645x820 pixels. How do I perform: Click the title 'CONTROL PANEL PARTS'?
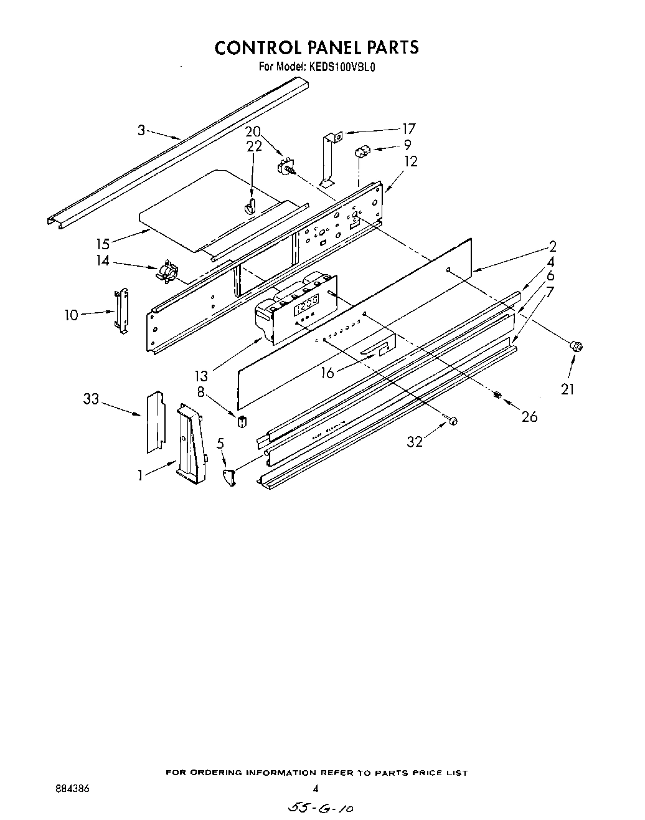(317, 47)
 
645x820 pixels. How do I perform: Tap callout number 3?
(141, 130)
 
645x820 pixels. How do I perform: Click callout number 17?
(408, 129)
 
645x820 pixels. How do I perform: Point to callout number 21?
(567, 389)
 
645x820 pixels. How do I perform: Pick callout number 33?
(92, 399)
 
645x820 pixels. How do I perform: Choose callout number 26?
(529, 417)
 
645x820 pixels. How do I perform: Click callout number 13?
(200, 375)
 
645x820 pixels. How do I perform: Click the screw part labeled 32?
(453, 421)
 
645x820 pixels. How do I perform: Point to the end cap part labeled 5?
(230, 477)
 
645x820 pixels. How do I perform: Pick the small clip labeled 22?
(251, 206)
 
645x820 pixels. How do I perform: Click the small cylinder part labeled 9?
(363, 151)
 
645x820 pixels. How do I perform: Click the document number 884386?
(72, 788)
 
